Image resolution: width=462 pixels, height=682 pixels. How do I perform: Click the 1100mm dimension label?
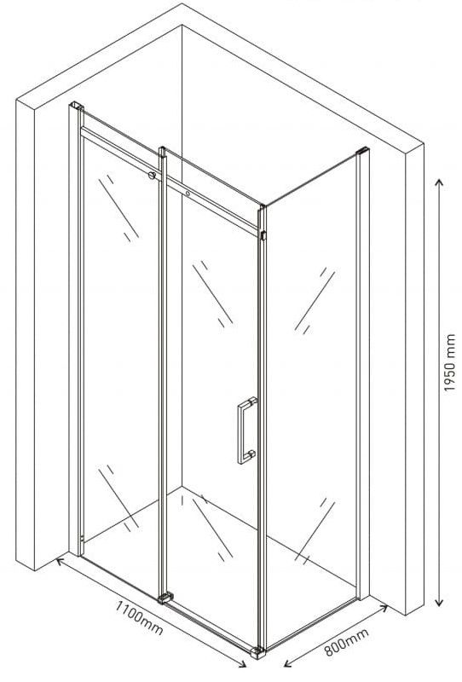point(139,617)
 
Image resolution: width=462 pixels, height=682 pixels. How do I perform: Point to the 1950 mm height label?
point(449,362)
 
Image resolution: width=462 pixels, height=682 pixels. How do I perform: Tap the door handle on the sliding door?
point(246,431)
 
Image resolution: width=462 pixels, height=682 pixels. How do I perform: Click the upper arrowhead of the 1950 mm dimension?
point(439,182)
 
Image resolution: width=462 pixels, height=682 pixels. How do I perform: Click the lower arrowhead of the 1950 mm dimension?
point(439,602)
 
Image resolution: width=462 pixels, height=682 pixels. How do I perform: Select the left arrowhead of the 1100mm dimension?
point(61,561)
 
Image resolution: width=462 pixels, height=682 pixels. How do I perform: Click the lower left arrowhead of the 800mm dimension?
point(288,663)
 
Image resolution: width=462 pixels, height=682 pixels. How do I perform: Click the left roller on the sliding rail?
point(152,176)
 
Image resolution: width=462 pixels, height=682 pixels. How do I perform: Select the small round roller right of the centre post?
point(188,194)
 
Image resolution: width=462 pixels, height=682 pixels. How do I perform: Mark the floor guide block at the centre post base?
point(165,598)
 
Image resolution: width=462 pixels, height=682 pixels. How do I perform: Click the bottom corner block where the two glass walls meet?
point(258,652)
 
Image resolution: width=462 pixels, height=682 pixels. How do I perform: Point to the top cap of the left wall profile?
point(77,105)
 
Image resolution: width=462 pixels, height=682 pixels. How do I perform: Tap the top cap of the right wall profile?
point(362,151)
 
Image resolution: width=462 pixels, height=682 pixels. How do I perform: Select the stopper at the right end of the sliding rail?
point(263,235)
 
